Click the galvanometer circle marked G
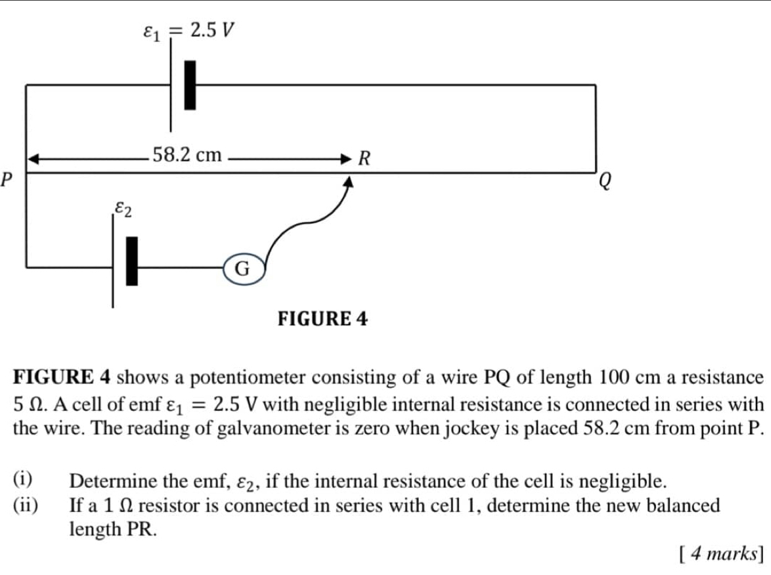(x=243, y=268)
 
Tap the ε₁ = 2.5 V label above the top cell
(x=188, y=30)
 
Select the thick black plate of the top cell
(x=190, y=85)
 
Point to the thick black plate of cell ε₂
(x=133, y=261)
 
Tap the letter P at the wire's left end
(x=7, y=177)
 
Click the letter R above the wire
(x=364, y=158)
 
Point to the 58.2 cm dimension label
(x=187, y=156)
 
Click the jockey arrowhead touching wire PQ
(x=349, y=183)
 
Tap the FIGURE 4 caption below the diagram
(x=323, y=319)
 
